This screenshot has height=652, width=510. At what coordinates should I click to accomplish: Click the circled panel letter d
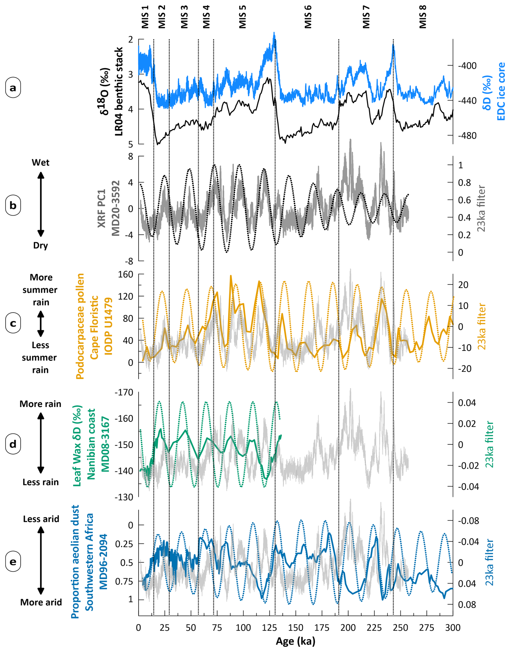(13, 444)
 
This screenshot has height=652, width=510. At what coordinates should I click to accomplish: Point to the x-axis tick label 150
(296, 627)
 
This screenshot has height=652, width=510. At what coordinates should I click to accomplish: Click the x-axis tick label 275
(427, 627)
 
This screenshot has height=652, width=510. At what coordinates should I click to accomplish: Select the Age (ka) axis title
(295, 641)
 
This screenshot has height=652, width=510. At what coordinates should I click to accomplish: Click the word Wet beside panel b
(41, 163)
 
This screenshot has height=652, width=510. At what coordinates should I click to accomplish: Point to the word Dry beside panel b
(41, 245)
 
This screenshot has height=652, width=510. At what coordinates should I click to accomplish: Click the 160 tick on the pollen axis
(126, 274)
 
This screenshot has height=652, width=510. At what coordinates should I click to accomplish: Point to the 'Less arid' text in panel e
(41, 519)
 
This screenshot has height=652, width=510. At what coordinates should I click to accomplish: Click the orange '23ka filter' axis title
(482, 327)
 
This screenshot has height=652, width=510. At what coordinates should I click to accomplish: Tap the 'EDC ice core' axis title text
(501, 91)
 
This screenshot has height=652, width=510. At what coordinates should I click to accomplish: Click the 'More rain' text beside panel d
(40, 404)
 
